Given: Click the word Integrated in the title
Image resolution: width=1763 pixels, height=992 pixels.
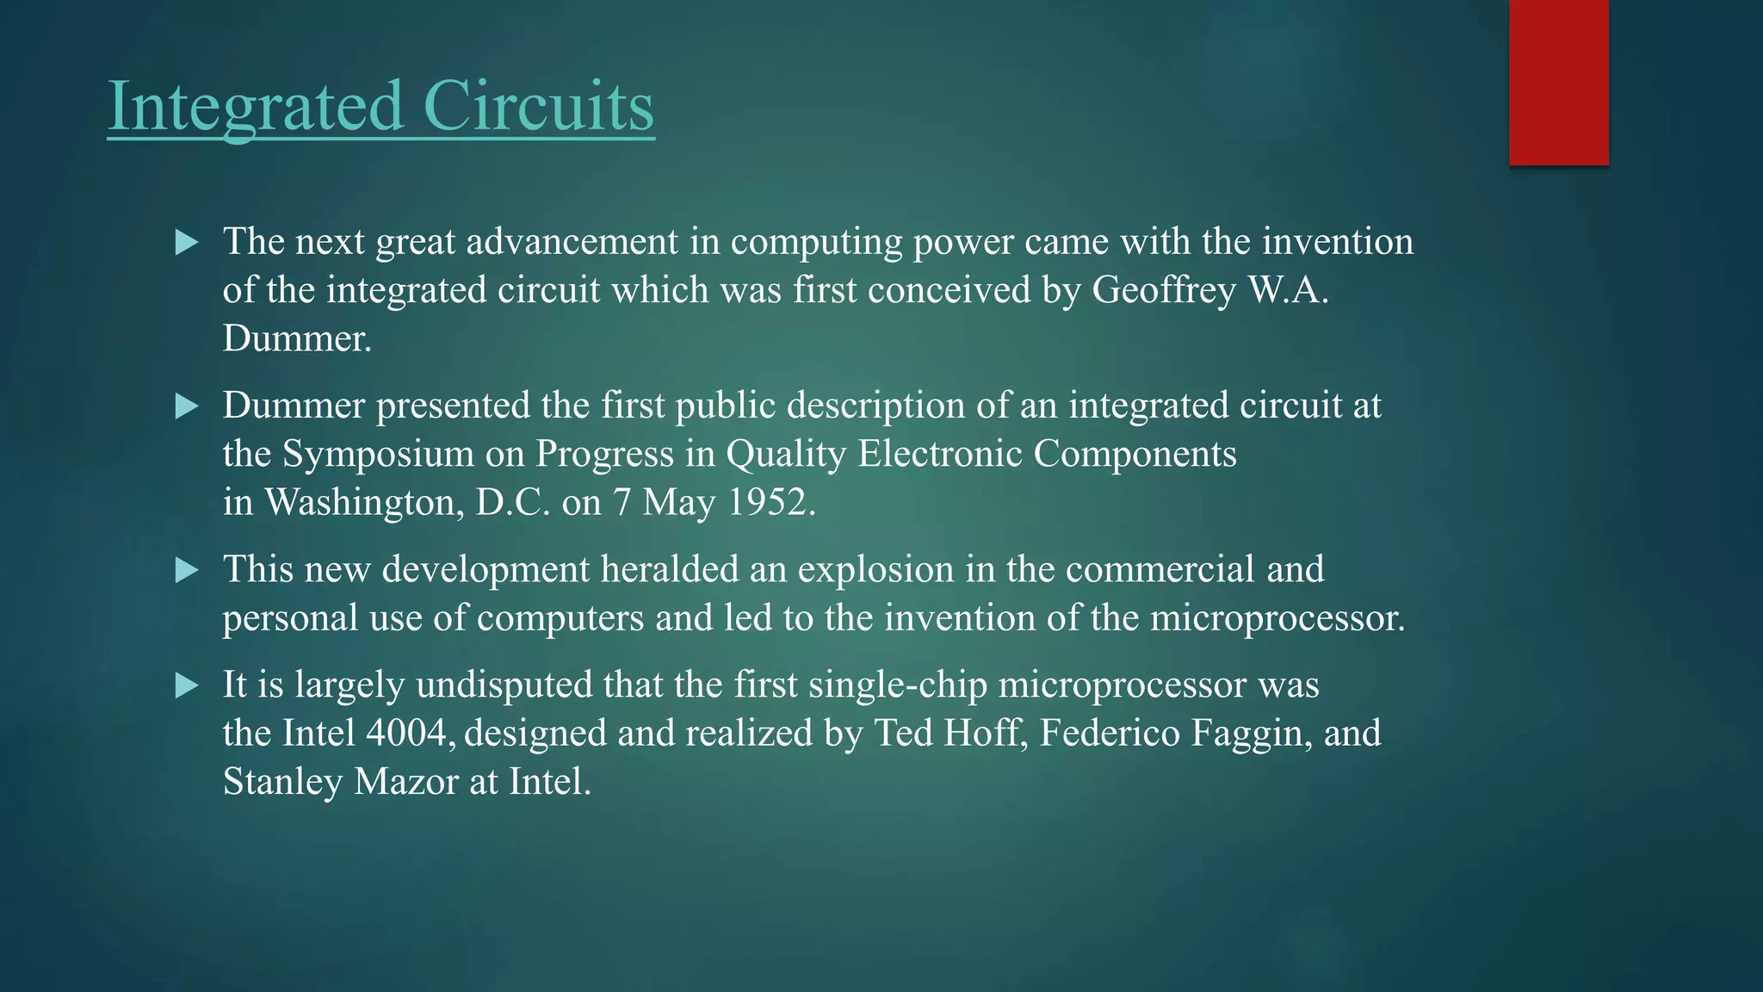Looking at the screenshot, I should coord(256,106).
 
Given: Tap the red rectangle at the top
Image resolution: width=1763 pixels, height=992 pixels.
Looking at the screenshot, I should coord(1558,82).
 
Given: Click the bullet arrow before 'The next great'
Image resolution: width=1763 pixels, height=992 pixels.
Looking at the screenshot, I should coord(186,243).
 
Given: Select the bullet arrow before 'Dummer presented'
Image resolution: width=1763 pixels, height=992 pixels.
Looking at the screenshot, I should coord(186,406).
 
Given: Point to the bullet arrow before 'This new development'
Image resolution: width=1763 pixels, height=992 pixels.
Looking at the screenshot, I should coord(186,570).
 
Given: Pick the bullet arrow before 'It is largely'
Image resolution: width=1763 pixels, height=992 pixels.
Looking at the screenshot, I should coord(186,685).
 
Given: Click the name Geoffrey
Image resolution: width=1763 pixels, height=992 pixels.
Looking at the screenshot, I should coord(1164,291).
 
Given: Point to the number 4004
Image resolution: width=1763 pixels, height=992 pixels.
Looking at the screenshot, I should coord(406,734).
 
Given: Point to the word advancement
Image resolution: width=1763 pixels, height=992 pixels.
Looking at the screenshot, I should coord(572,242).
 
